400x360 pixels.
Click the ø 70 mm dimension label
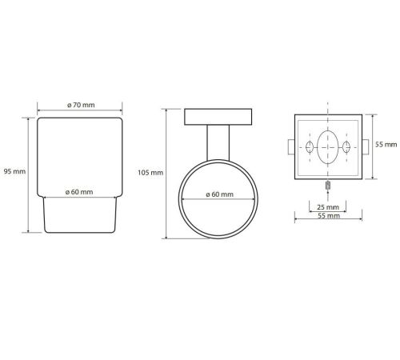click(x=81, y=105)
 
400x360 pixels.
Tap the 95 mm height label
click(x=14, y=171)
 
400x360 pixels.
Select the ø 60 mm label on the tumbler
click(x=79, y=192)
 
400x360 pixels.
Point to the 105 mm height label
click(x=150, y=173)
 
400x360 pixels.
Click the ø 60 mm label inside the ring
click(x=220, y=194)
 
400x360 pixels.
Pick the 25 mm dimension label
click(x=328, y=207)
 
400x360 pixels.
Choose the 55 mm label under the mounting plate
click(x=329, y=215)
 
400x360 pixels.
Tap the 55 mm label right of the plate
click(x=386, y=145)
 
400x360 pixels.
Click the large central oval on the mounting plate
click(x=328, y=147)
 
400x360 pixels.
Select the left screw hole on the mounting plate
click(x=310, y=147)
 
